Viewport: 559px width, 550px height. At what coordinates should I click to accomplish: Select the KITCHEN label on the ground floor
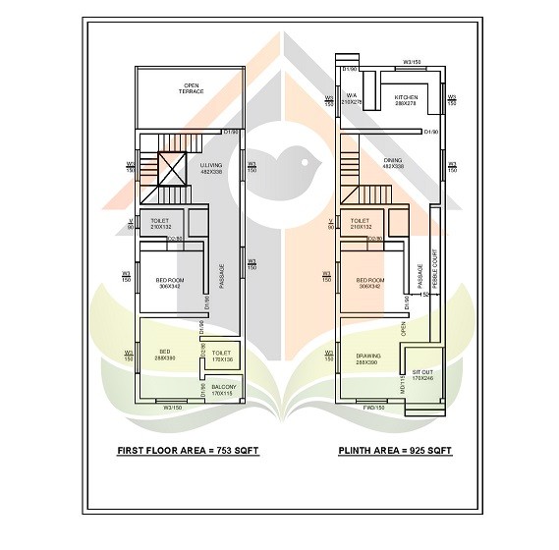[406, 99]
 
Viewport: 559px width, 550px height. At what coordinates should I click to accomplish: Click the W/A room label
[351, 98]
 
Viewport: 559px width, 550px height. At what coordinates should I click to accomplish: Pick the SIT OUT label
[421, 375]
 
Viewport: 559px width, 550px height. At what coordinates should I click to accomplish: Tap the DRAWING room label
[366, 360]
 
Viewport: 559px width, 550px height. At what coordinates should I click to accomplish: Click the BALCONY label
[223, 390]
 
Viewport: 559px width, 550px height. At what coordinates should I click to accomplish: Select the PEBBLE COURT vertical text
[433, 275]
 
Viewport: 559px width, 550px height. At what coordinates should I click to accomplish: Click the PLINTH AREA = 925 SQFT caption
[397, 451]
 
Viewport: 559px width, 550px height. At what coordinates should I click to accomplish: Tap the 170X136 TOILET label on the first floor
[221, 356]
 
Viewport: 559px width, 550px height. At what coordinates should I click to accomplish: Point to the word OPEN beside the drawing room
[403, 331]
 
